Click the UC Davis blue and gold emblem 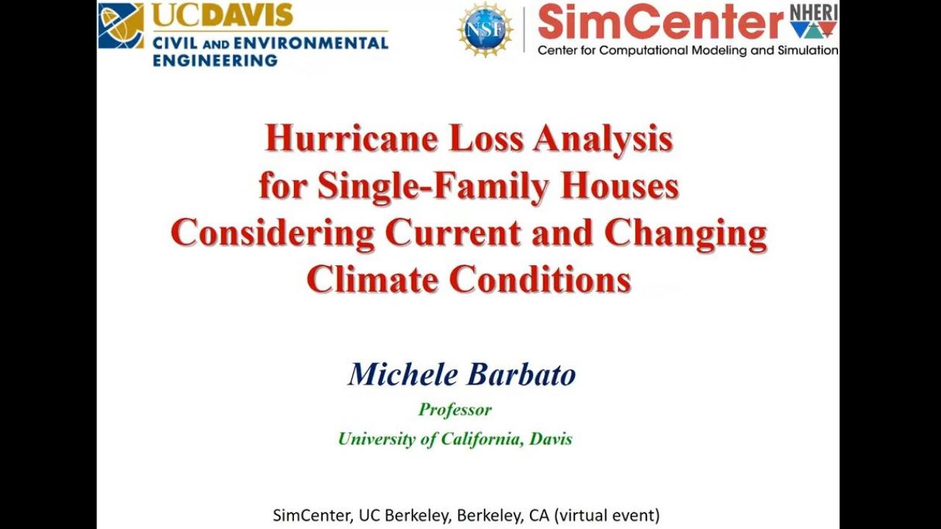[121, 26]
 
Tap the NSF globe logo [485, 29]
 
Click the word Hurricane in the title [351, 140]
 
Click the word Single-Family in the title [434, 187]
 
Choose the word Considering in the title [273, 234]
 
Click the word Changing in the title [686, 234]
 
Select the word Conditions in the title [540, 280]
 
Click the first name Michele [402, 375]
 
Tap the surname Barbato [521, 375]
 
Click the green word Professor [455, 409]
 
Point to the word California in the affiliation [482, 439]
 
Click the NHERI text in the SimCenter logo [814, 12]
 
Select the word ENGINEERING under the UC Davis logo [215, 60]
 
